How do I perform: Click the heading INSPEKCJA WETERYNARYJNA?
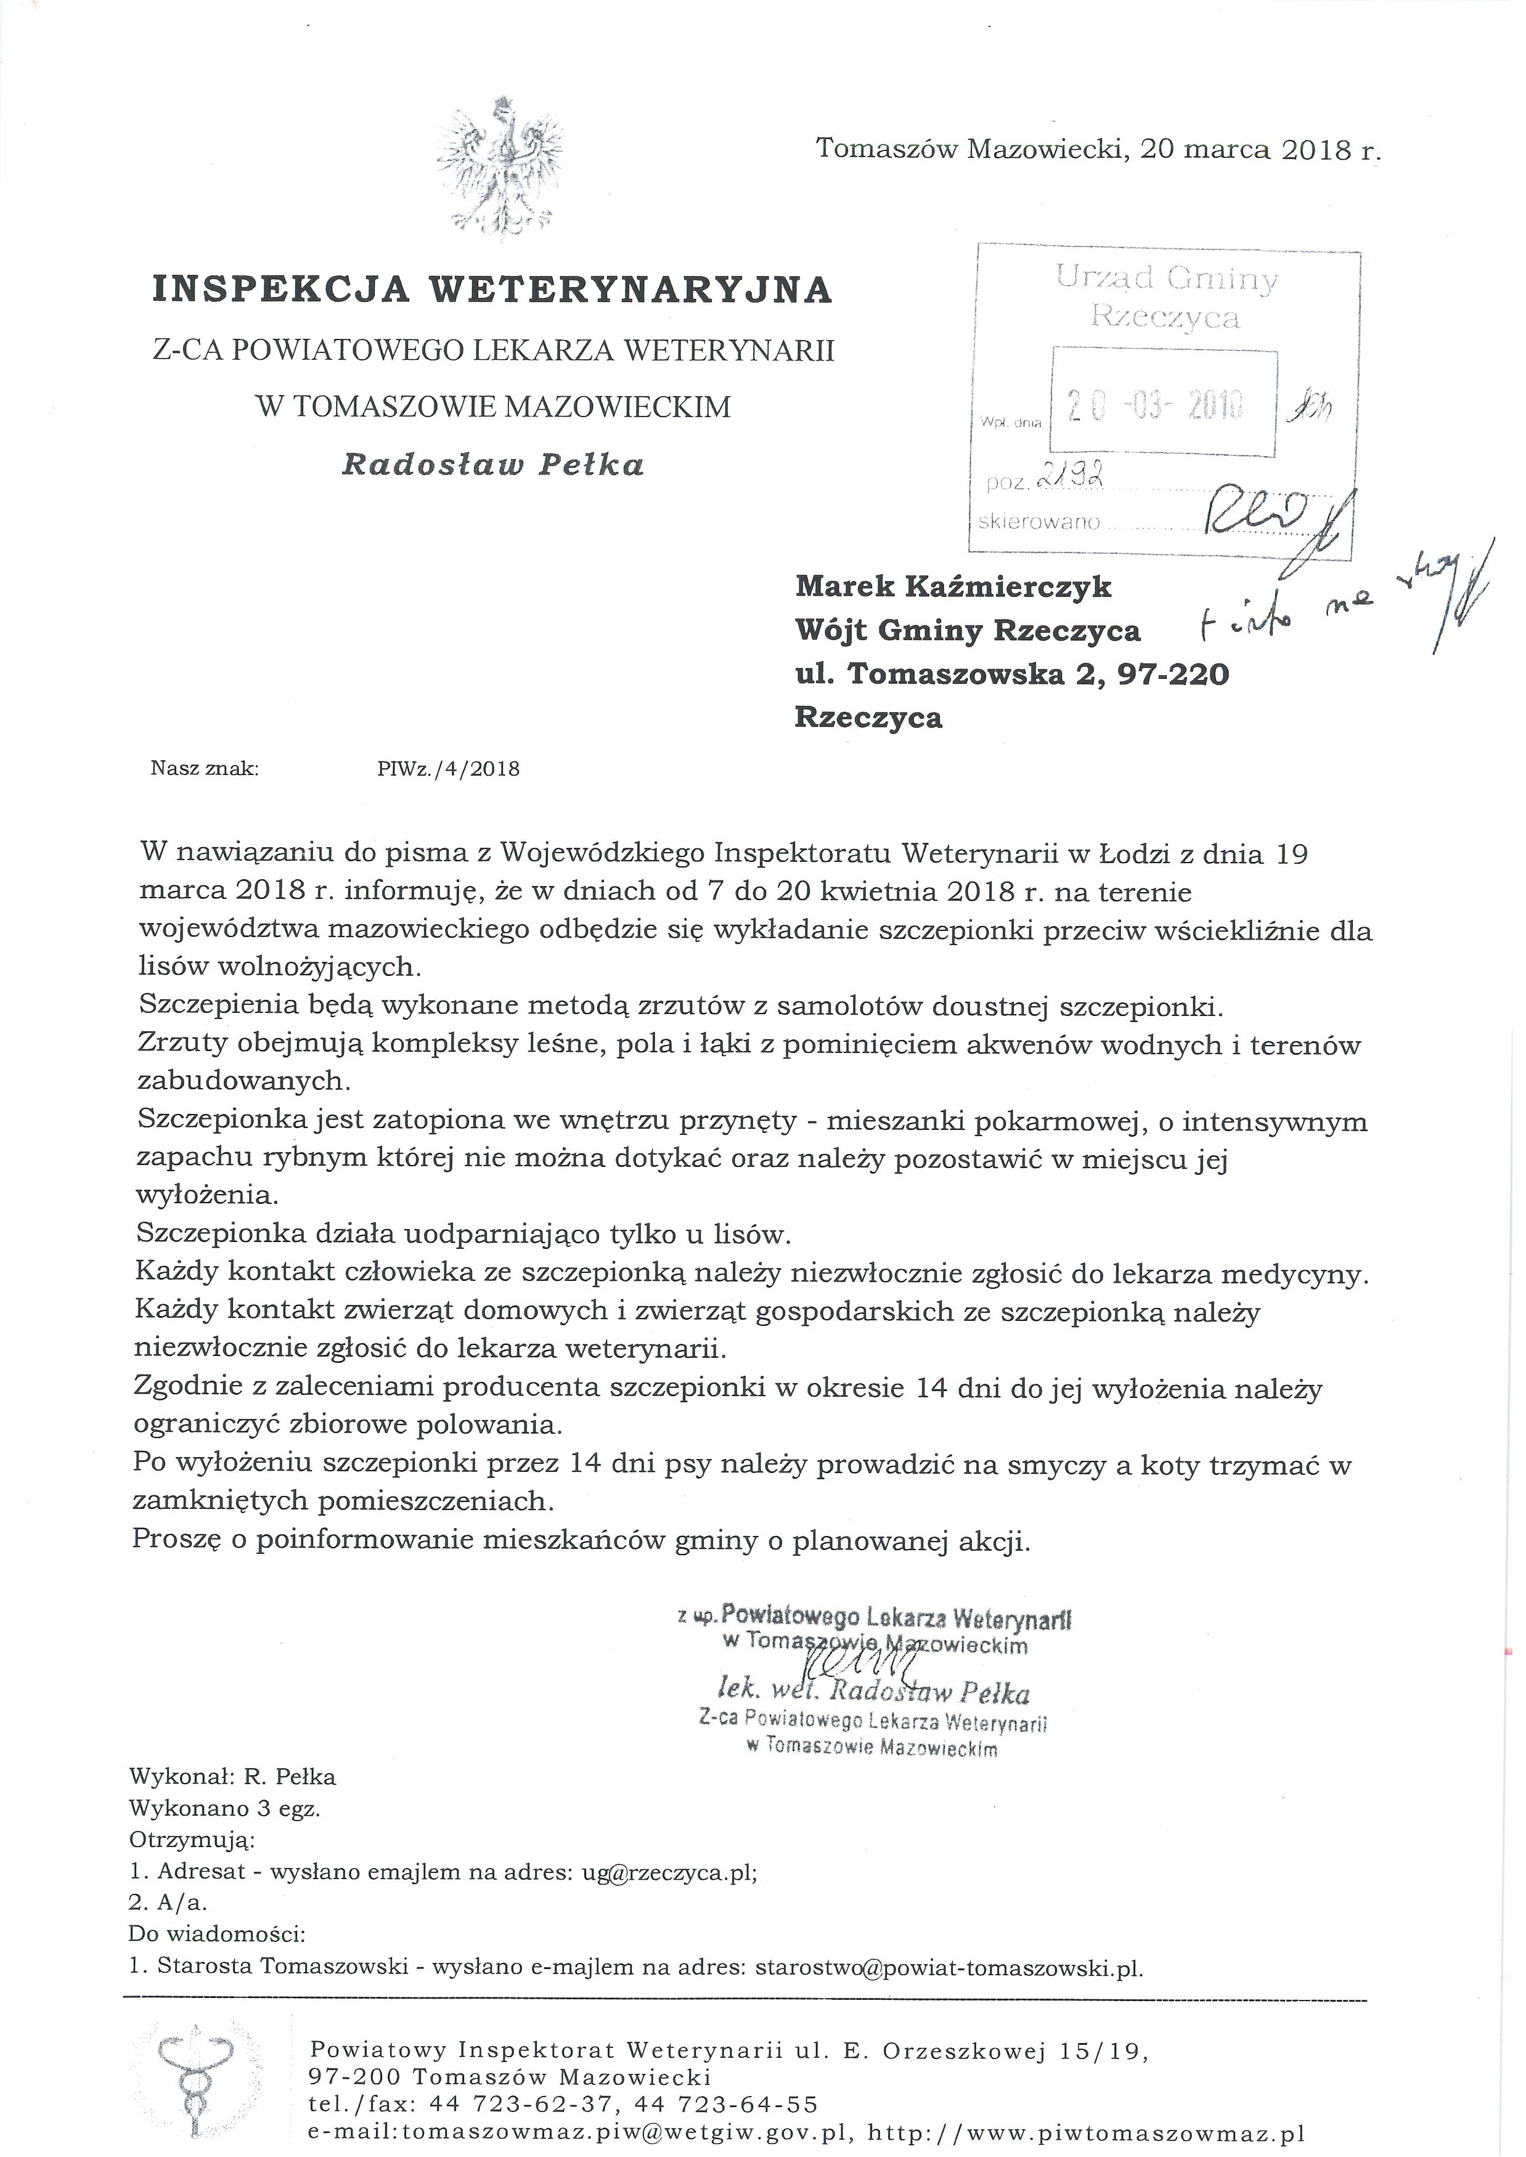tap(492, 290)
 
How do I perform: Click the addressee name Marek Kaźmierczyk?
tap(953, 587)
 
